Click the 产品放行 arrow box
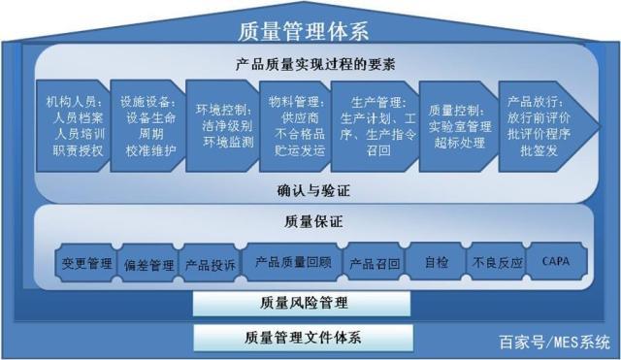pos(539,125)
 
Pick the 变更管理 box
pos(86,263)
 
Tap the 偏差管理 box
pos(148,264)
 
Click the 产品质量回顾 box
pos(292,262)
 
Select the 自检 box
pos(436,262)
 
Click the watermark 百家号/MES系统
pos(554,342)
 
